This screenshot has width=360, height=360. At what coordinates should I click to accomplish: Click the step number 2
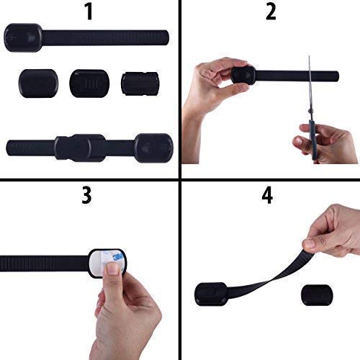coord(270,12)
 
